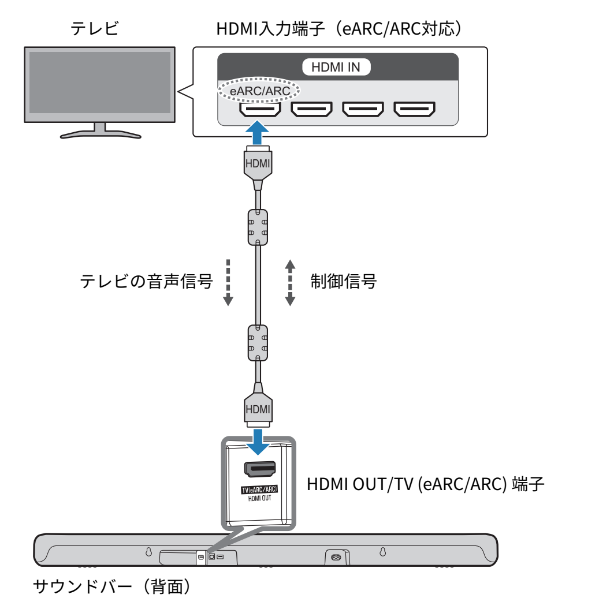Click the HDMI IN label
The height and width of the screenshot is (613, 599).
pos(336,67)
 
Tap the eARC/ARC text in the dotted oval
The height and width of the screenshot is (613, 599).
pos(259,91)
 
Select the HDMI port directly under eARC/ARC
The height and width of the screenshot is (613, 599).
pos(260,109)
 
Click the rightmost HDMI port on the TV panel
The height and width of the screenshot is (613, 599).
pos(414,109)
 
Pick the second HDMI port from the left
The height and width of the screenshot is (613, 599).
pos(311,109)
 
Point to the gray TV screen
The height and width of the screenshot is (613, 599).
pos(100,83)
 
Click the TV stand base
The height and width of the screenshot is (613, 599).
pos(101,135)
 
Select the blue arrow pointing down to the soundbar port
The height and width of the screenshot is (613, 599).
pos(258,442)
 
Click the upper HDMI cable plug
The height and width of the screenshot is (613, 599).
pos(258,165)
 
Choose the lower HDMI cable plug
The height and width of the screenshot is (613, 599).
pos(258,408)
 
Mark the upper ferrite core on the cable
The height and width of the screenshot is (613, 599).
pos(258,227)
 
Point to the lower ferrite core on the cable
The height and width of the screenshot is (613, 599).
pos(258,342)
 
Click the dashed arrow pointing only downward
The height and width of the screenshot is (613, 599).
pos(228,282)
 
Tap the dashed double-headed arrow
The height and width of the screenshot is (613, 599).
pos(290,282)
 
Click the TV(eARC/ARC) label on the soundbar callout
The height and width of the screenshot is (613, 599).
pos(259,489)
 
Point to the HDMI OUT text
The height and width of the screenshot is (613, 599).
pos(259,498)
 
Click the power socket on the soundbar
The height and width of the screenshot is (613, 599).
pos(336,557)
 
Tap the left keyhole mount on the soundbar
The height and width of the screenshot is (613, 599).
pos(148,552)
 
